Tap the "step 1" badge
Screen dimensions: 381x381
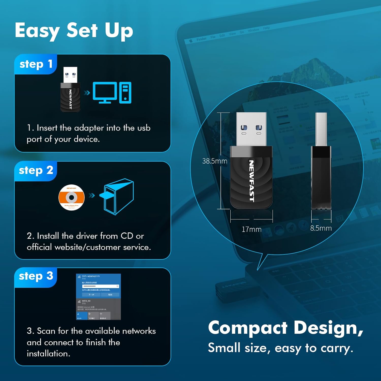[x=36, y=64]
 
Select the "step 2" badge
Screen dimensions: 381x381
[x=36, y=170]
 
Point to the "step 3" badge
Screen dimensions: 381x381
[x=36, y=276]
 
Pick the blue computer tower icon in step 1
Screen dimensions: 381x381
[x=125, y=92]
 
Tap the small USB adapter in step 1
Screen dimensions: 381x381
[x=70, y=90]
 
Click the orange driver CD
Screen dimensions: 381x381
[x=72, y=197]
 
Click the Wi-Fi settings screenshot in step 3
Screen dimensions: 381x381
[x=98, y=297]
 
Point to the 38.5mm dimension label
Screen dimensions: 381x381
[x=215, y=161]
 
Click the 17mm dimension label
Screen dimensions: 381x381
[x=251, y=229]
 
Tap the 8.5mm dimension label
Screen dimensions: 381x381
[x=321, y=228]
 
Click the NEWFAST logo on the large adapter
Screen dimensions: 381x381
[x=251, y=181]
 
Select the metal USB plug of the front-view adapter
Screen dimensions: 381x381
[x=251, y=129]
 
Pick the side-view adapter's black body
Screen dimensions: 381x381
[x=321, y=178]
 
